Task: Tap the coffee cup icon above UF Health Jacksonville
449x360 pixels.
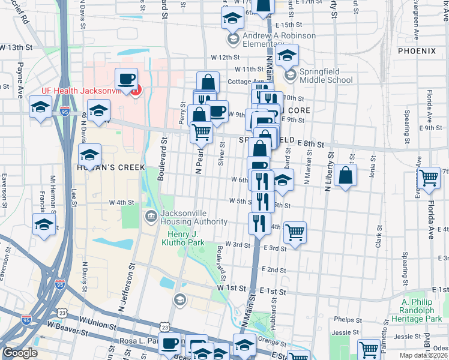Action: tap(126, 80)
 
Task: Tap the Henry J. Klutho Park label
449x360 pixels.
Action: tap(182, 238)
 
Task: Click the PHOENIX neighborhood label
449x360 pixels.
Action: tap(420, 52)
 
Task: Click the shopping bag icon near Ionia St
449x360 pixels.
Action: tap(346, 175)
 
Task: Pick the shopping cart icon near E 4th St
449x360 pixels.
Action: tap(295, 232)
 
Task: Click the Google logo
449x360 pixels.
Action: tap(19, 353)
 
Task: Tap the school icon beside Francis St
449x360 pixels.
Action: tap(44, 226)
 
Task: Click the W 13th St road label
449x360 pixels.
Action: tap(15, 47)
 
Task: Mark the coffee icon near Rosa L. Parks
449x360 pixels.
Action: tap(170, 344)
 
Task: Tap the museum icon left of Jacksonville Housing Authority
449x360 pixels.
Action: tap(151, 215)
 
